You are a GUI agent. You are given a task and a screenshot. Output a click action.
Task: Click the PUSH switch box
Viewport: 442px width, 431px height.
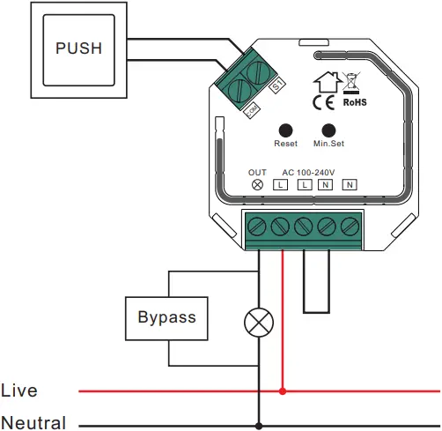tap(78, 48)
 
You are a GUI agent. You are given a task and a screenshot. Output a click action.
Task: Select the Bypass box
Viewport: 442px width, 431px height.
tap(167, 316)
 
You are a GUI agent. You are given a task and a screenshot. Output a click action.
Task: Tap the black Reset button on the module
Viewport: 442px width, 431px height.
tap(286, 128)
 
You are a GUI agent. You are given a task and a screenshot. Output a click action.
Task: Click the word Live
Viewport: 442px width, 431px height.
tap(19, 390)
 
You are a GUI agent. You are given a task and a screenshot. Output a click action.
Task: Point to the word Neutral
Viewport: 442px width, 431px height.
tap(33, 423)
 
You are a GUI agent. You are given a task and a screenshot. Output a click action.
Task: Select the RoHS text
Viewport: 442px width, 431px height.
tap(353, 102)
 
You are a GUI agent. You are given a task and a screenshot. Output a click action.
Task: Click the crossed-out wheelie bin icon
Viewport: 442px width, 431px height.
tap(352, 83)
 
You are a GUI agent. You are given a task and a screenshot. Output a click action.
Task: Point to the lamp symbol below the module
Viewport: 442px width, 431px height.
tap(258, 323)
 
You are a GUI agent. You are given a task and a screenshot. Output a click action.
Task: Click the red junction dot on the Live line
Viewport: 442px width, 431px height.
tap(282, 390)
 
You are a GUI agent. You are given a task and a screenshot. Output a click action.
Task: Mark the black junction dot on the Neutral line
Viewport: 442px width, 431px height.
tap(258, 422)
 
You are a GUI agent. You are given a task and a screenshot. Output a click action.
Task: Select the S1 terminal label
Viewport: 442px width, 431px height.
tap(275, 86)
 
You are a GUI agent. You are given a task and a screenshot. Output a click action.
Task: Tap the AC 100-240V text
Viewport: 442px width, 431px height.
tap(309, 171)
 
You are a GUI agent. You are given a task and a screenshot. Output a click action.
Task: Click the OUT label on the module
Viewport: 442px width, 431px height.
tap(257, 171)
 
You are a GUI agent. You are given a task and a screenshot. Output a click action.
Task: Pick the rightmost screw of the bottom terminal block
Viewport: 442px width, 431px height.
tap(350, 226)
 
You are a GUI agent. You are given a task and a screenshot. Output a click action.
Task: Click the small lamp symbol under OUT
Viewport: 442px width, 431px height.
tap(258, 185)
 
